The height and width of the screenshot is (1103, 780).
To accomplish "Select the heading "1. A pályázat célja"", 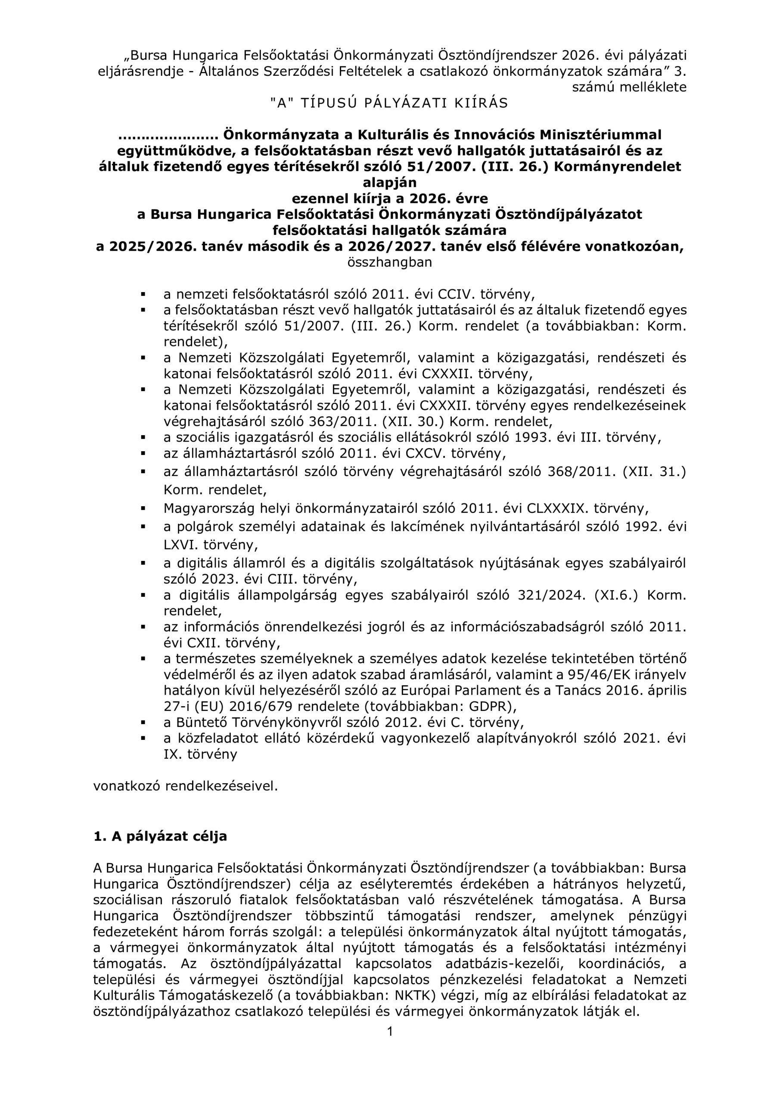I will click(160, 836).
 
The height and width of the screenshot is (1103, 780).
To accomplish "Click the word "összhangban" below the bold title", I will click(389, 262).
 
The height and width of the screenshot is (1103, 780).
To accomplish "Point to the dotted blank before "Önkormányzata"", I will click(168, 135).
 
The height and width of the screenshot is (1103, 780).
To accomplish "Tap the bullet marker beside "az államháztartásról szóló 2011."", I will click(143, 453).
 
